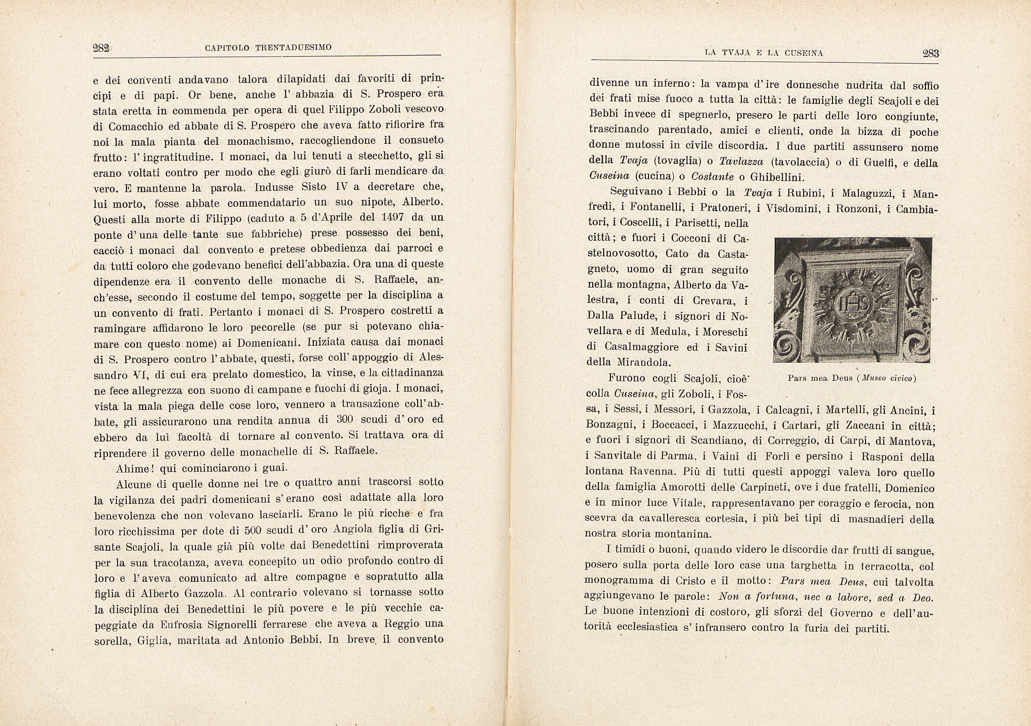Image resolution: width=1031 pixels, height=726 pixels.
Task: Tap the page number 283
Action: (x=930, y=53)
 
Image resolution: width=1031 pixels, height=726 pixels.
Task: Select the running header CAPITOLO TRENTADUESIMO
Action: (x=268, y=48)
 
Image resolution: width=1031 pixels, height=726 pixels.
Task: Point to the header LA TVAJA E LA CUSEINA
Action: (x=764, y=53)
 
